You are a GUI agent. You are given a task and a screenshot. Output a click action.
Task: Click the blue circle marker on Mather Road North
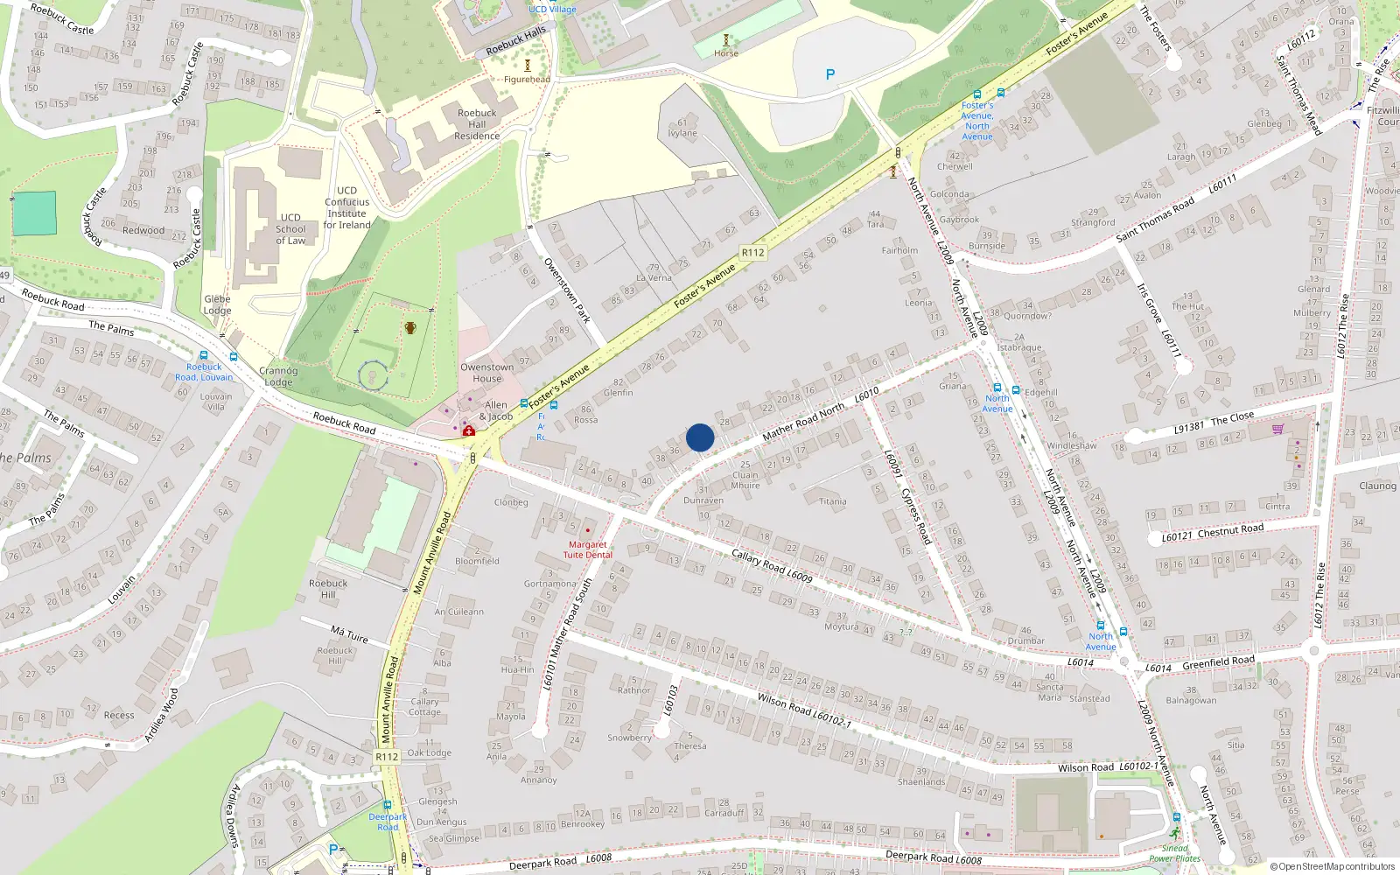700,437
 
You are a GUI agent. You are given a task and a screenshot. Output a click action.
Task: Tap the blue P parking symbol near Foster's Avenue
830,75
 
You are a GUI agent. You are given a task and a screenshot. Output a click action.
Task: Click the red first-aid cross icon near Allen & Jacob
469,430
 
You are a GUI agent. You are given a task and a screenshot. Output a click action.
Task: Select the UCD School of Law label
290,229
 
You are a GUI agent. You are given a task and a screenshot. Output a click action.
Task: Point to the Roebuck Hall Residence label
477,124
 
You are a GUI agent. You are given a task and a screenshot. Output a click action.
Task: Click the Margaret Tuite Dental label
587,549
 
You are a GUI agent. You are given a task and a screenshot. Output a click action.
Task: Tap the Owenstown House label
487,373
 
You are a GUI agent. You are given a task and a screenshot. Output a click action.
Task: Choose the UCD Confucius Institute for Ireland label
347,207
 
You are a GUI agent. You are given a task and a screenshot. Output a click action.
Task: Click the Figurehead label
527,80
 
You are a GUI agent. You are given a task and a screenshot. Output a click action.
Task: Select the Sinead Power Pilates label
1175,853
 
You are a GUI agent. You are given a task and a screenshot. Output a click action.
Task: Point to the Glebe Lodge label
217,304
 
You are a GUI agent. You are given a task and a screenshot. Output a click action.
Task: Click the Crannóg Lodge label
278,376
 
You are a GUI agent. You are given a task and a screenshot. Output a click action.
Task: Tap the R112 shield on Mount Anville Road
387,757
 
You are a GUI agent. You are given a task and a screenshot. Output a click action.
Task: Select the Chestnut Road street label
1230,529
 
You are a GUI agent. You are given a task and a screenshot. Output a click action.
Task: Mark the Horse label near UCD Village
725,53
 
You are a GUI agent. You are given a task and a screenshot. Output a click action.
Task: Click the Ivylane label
682,133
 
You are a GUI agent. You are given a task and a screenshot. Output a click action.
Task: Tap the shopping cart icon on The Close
1278,429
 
